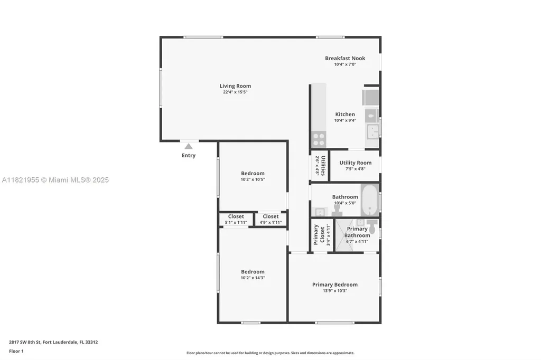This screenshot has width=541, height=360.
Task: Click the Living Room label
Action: pyautogui.click(x=235, y=86)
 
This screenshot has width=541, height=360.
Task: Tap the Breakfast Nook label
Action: pyautogui.click(x=344, y=58)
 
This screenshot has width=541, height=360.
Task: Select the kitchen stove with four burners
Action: pyautogui.click(x=319, y=139)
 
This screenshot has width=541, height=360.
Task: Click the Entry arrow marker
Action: pyautogui.click(x=189, y=146)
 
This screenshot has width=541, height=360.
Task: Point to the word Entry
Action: pyautogui.click(x=189, y=156)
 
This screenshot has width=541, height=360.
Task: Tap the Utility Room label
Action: pyautogui.click(x=355, y=163)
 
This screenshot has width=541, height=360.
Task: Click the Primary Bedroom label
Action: pyautogui.click(x=334, y=285)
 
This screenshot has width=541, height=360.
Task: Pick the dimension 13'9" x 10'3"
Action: pyautogui.click(x=334, y=291)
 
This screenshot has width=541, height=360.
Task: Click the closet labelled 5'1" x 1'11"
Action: pyautogui.click(x=236, y=219)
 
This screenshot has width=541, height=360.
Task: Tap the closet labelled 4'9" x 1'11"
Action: pyautogui.click(x=270, y=219)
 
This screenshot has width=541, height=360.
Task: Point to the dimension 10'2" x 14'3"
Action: pyautogui.click(x=253, y=278)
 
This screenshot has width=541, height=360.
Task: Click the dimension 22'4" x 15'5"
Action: pyautogui.click(x=235, y=92)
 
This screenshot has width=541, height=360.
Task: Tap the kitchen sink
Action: pyautogui.click(x=373, y=130)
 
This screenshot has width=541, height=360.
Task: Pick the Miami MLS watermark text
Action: pyautogui.click(x=55, y=180)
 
